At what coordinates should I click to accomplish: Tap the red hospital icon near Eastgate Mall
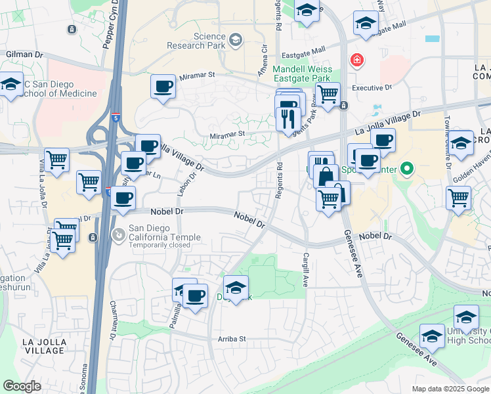[x=356, y=61]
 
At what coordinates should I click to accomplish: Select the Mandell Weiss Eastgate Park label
[x=301, y=72]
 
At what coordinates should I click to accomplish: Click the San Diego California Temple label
[x=160, y=232]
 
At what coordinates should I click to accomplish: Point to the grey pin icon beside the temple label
[x=118, y=233]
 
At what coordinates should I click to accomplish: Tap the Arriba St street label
[x=230, y=339]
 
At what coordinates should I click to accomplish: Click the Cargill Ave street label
[x=305, y=270]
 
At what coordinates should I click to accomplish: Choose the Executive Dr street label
[x=372, y=87]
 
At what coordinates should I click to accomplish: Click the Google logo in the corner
[x=22, y=386]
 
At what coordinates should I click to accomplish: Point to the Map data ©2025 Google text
[x=450, y=389]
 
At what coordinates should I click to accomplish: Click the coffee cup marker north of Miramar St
[x=163, y=85]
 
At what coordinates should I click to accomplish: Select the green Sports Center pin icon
[x=407, y=169]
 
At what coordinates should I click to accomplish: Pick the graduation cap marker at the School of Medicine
[x=10, y=85]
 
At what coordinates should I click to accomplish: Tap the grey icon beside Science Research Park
[x=234, y=41]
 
